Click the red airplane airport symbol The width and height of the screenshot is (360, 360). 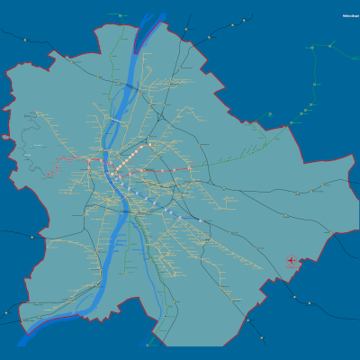(x=292, y=261)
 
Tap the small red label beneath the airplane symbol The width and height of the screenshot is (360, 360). (x=292, y=269)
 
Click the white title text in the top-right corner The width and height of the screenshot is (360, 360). (x=350, y=15)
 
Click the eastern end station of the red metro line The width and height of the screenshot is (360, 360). (x=191, y=169)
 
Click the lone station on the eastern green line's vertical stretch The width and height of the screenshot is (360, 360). (x=316, y=85)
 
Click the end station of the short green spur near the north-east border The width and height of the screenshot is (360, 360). (x=268, y=115)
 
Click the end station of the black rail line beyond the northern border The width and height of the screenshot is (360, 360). (x=186, y=30)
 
